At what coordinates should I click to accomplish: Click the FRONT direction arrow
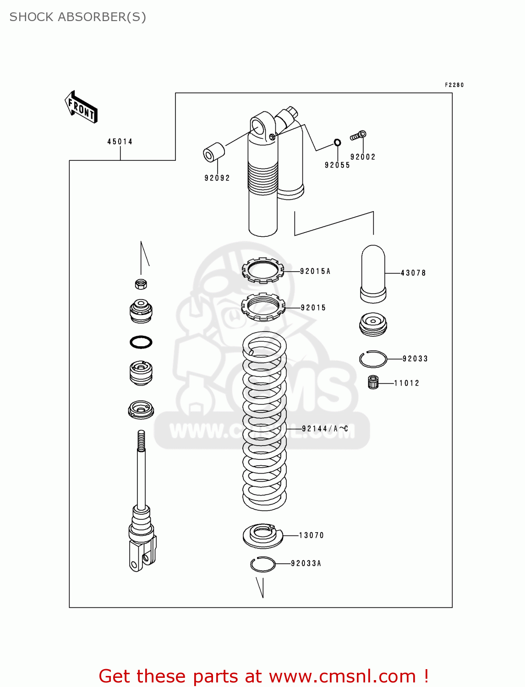click(x=81, y=107)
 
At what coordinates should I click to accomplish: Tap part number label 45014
click(x=120, y=142)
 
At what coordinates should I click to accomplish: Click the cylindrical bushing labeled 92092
click(x=214, y=153)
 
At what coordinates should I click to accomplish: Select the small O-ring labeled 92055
click(x=338, y=142)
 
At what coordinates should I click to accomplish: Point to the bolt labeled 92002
click(x=358, y=136)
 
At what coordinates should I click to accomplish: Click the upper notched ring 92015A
click(x=263, y=271)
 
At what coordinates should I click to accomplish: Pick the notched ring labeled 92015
click(x=263, y=307)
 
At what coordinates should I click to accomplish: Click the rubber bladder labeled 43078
click(x=373, y=274)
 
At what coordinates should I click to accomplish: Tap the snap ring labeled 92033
click(x=373, y=359)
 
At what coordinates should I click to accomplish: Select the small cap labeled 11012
click(x=373, y=382)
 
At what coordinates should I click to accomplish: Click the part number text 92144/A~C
click(x=325, y=429)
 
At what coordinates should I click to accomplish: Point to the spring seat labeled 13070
click(x=263, y=535)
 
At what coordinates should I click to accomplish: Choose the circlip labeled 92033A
click(x=263, y=564)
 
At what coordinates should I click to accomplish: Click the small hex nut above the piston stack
click(x=141, y=284)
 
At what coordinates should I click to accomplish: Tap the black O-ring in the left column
click(x=141, y=342)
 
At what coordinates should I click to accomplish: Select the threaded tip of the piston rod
click(x=141, y=440)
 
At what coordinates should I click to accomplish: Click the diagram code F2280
click(x=454, y=85)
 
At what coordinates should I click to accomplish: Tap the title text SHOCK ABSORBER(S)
click(x=78, y=17)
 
